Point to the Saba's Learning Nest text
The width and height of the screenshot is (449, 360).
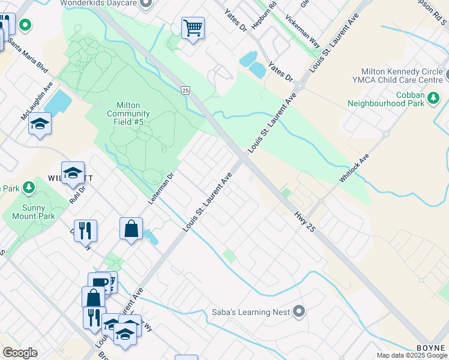251,312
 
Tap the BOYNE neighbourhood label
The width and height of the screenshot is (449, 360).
431,349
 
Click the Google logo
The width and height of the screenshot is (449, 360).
19,353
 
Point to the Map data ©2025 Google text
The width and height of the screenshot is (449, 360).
412,355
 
